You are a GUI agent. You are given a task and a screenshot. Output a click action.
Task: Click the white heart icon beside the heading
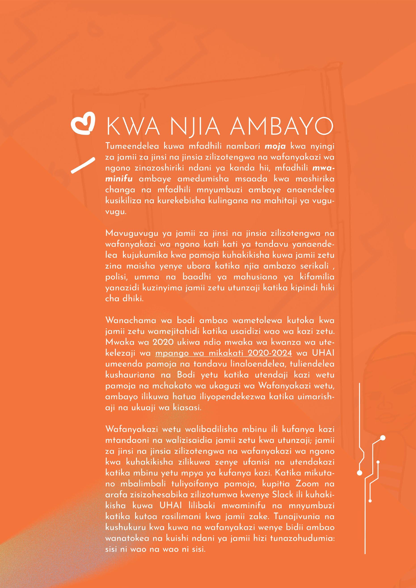(83, 126)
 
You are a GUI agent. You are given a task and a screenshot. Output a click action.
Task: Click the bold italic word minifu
(118, 179)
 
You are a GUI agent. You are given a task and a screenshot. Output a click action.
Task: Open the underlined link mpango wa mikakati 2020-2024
(224, 353)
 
